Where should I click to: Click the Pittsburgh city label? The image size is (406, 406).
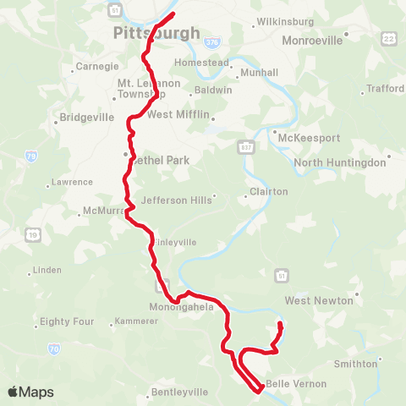pos(157,34)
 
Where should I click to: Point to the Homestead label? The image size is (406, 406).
pos(201,63)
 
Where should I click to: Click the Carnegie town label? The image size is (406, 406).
pos(97,65)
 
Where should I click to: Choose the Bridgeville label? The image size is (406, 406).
pos(87,118)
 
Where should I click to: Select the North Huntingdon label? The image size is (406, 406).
pos(339,162)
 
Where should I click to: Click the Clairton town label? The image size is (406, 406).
pos(269,192)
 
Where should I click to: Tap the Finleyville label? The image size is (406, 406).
pos(175,242)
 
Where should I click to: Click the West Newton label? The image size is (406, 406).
pos(317,300)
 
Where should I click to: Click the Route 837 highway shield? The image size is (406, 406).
pos(244,145)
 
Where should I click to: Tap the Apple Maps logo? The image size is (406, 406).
pos(30,392)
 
